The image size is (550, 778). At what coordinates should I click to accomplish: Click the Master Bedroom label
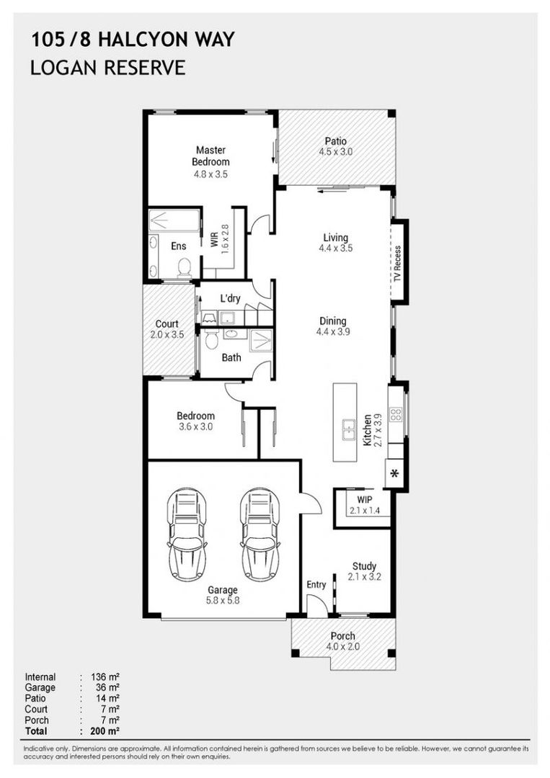coord(210,156)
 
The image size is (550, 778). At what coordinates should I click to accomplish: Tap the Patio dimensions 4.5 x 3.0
coord(335,153)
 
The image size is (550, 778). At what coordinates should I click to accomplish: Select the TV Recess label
coord(397,263)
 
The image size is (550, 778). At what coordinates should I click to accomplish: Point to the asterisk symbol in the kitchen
coord(395,473)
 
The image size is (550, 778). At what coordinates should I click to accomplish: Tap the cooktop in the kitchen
coord(396,414)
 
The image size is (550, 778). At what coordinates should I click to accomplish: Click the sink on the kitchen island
coord(348,429)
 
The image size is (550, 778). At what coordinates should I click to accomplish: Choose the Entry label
coord(316,584)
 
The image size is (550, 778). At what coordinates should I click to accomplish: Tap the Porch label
coord(342,636)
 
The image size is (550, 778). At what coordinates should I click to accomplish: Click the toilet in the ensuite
coord(185,267)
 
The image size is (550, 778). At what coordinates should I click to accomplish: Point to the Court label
coord(167,323)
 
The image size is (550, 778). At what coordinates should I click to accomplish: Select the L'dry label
coord(230,298)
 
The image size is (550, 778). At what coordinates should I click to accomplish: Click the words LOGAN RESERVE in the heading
coord(108,68)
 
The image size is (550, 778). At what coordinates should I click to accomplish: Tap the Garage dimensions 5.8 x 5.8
coord(223,600)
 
